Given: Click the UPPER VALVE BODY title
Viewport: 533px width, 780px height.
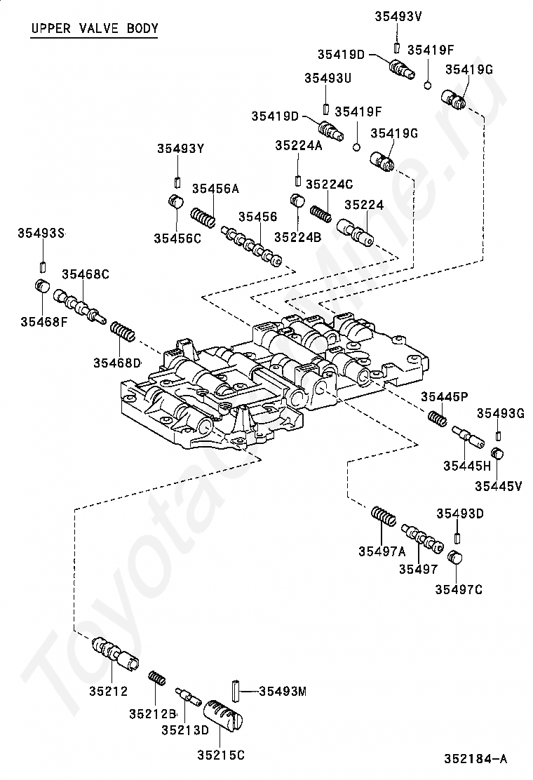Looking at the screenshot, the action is pos(95,28).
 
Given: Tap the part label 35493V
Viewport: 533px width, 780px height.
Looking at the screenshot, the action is pos(398,16).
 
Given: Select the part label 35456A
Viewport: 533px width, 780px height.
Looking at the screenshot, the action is pos(215,189).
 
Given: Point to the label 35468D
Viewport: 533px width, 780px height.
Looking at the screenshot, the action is pos(117,363).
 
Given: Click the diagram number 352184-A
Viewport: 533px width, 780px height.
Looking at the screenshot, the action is pos(475,759).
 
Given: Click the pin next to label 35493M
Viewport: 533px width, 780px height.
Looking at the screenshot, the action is pos(236,691).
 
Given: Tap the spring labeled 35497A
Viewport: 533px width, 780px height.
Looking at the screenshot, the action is pos(384,516).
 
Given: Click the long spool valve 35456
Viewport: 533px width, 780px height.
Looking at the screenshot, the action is pos(252,246).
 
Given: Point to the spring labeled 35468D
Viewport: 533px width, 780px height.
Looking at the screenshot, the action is pos(122,331).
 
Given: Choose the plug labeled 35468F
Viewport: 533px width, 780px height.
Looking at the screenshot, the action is pos(43,287).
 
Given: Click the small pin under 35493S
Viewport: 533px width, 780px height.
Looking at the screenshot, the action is pos(43,267).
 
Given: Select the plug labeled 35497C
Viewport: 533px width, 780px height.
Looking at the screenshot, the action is pos(455,558).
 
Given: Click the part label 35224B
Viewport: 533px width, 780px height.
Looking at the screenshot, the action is pos(298,237).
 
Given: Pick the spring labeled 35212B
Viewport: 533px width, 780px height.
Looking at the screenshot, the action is pos(157,678).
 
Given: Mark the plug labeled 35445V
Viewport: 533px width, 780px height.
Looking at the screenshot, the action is pos(498,454).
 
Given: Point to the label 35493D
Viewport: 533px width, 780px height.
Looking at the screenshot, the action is pos(460,513).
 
